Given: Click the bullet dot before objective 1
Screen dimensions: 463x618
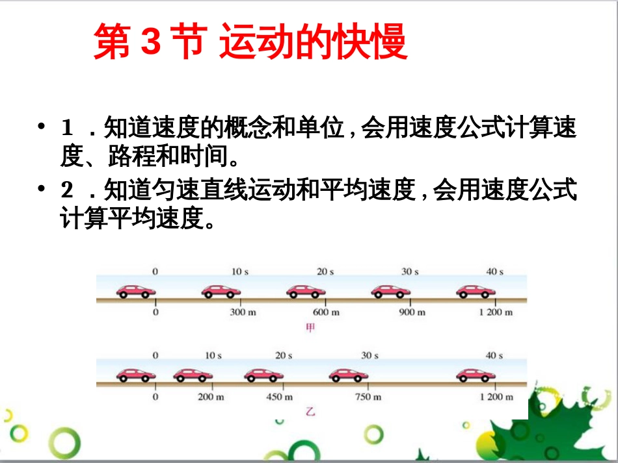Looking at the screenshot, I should pyautogui.click(x=42, y=125).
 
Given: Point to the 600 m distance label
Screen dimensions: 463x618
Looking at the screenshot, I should pyautogui.click(x=326, y=312).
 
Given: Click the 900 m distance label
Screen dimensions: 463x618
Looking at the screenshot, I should pyautogui.click(x=411, y=312).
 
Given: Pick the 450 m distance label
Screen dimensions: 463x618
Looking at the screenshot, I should pyautogui.click(x=279, y=397).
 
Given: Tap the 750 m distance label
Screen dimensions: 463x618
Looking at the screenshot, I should pyautogui.click(x=368, y=397).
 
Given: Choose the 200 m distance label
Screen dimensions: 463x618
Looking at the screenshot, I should pyautogui.click(x=210, y=397).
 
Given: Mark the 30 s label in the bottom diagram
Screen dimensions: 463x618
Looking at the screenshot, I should pyautogui.click(x=369, y=355).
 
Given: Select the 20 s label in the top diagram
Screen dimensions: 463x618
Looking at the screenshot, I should pyautogui.click(x=325, y=271).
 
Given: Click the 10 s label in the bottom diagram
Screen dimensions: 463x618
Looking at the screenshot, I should pyautogui.click(x=213, y=355).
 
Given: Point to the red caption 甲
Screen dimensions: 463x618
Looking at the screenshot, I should pyautogui.click(x=310, y=328).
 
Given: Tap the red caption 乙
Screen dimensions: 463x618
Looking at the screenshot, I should pyautogui.click(x=310, y=412).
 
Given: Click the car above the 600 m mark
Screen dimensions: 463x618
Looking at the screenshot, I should pyautogui.click(x=306, y=292).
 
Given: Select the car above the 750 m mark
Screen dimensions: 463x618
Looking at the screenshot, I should pyautogui.click(x=349, y=375).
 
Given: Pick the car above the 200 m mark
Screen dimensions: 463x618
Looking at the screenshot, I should pyautogui.click(x=193, y=375).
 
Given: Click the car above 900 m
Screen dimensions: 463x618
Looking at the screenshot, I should pyautogui.click(x=390, y=292).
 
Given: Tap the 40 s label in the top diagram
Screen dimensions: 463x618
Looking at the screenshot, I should pyautogui.click(x=495, y=271).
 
